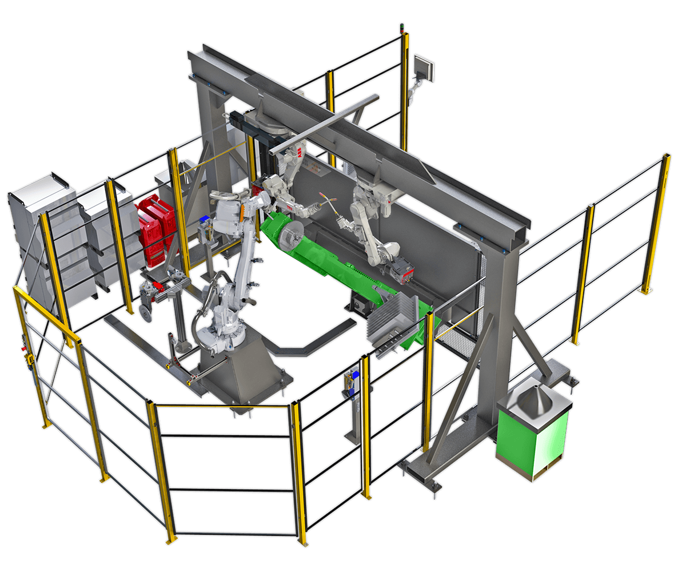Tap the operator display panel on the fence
click(x=424, y=68)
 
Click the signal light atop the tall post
click(x=401, y=27)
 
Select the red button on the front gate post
click(x=23, y=348)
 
